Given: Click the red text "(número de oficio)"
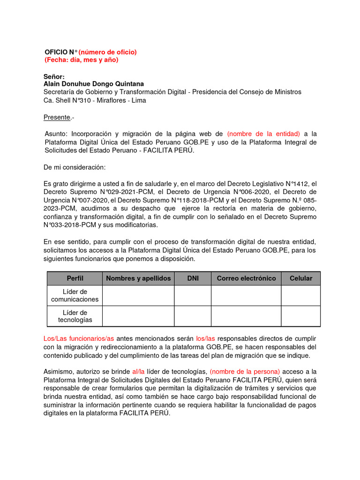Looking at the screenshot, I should point(107,52).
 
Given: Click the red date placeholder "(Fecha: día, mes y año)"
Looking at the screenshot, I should point(81,60).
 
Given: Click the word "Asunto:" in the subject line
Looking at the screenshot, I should point(57,134).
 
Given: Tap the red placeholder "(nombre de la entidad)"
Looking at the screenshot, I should point(264,134).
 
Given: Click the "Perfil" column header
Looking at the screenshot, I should point(75,278).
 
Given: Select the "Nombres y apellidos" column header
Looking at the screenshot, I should point(138,278).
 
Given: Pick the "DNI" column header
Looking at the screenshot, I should point(193,278).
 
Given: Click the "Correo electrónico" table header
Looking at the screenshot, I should point(246,278).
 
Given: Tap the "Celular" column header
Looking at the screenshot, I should point(300,278).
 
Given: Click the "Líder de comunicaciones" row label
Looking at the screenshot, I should point(75,296).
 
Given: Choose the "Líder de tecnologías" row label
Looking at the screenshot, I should point(75,316).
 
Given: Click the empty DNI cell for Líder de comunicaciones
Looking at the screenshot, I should point(193,296).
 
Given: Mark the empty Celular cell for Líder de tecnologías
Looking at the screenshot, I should point(300,316).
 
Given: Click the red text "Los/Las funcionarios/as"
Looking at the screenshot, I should point(78,338).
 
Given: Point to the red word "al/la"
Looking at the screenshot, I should point(139,372).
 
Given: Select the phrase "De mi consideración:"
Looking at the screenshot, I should point(75,167).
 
